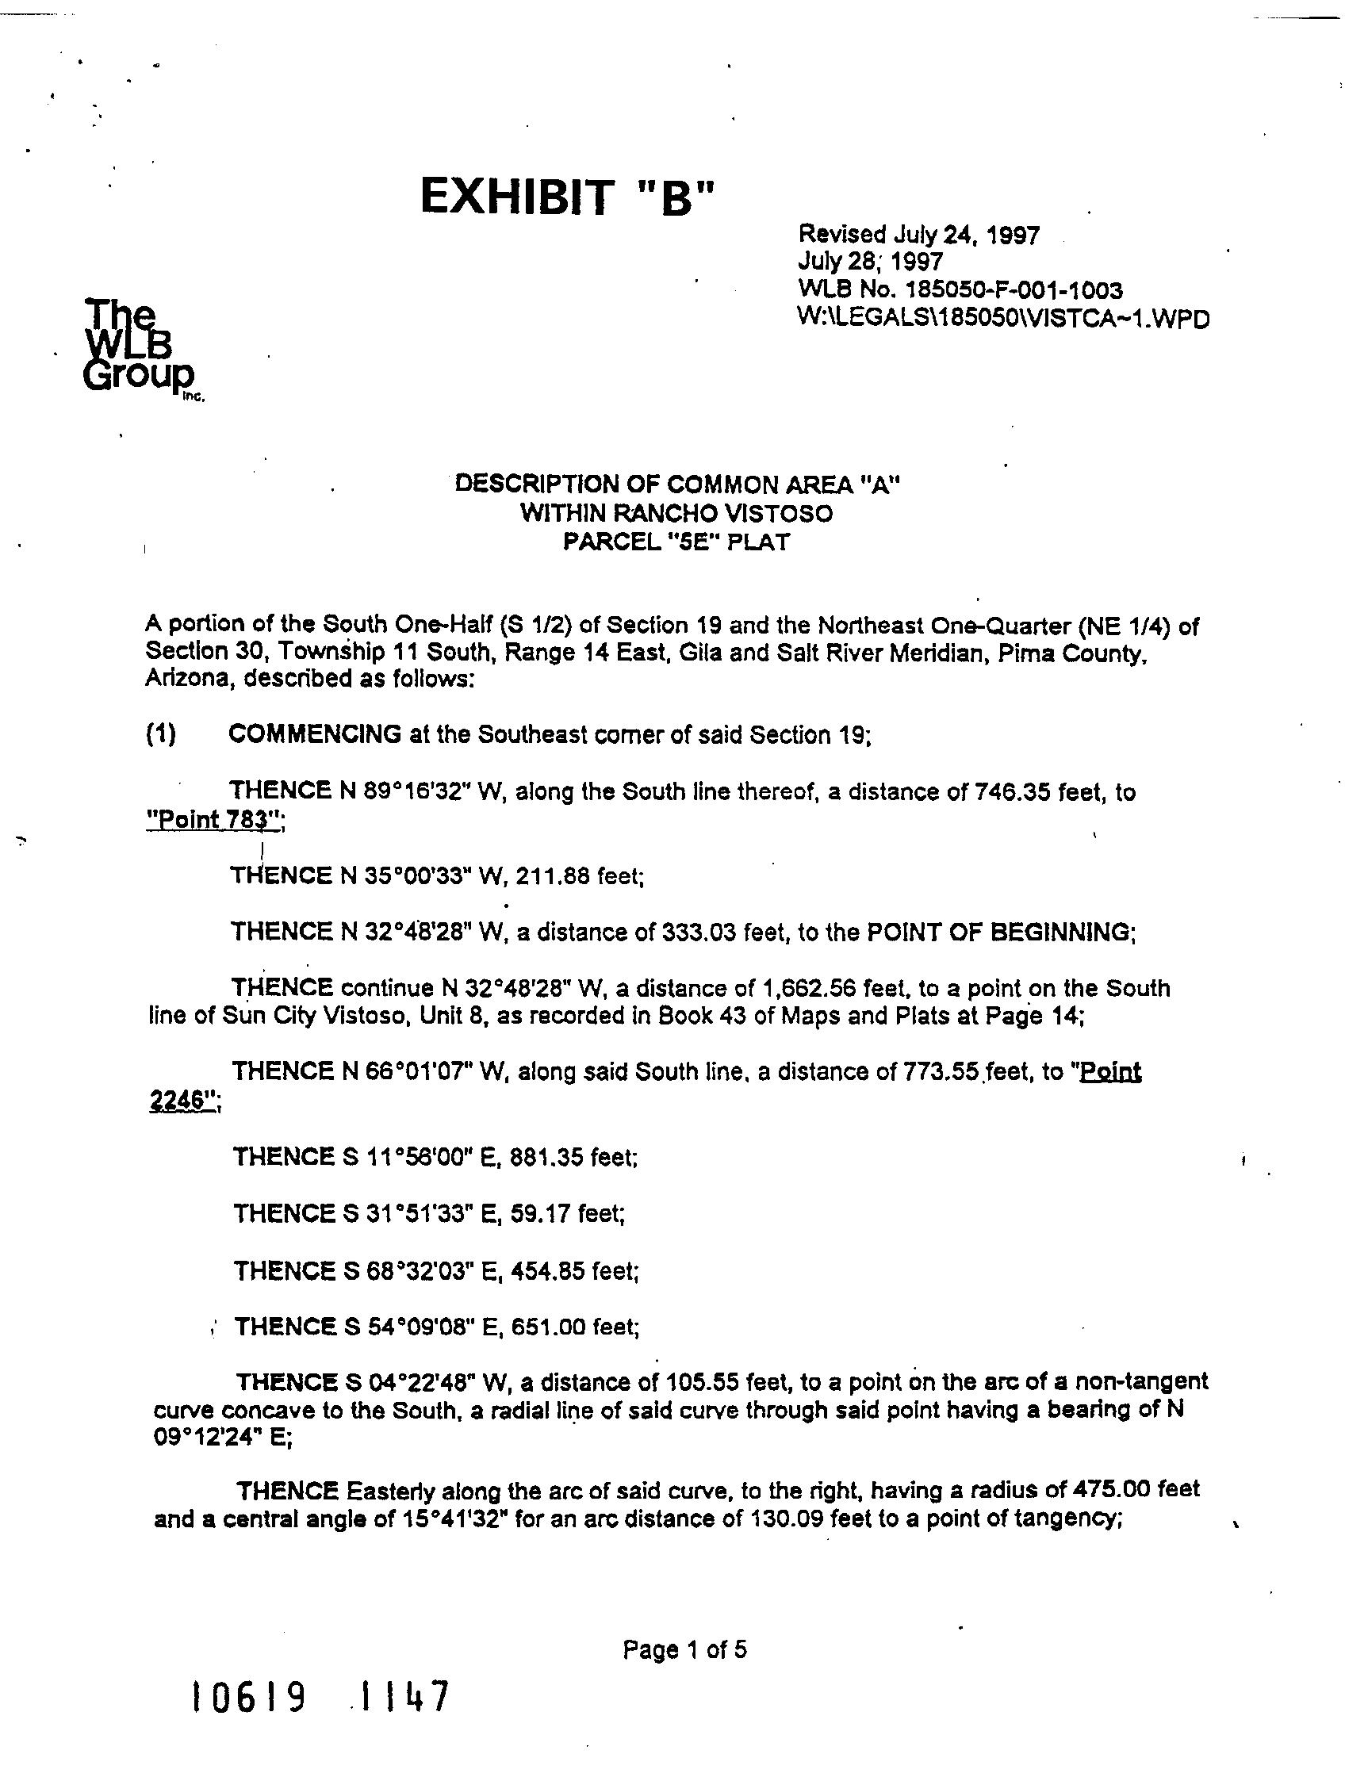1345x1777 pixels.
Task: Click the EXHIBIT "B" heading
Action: [567, 197]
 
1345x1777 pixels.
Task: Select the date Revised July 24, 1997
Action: [918, 235]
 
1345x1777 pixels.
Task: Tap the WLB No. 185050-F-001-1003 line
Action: [960, 289]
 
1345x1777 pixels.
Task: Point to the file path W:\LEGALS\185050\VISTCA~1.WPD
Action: [1002, 318]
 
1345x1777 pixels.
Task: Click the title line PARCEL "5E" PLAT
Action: [676, 542]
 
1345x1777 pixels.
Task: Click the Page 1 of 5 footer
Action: [684, 1650]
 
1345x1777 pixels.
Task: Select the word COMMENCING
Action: [314, 734]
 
